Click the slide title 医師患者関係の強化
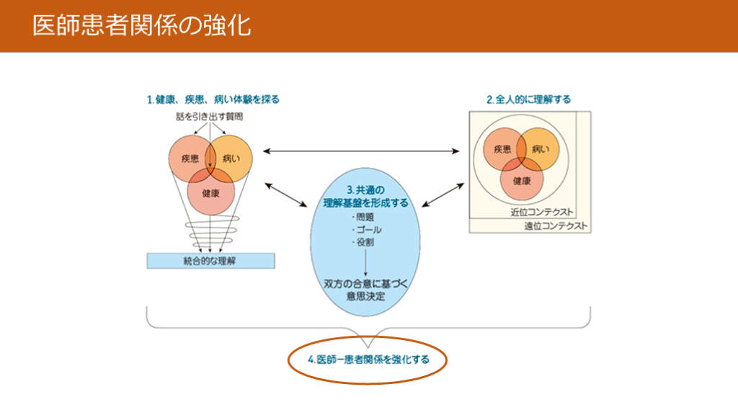click(x=141, y=26)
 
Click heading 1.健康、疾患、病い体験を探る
click(x=213, y=99)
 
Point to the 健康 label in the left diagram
click(x=210, y=193)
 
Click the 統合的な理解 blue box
click(x=210, y=261)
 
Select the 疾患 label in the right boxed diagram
click(x=502, y=150)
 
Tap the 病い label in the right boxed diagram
click(x=540, y=150)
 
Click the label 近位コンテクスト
click(x=541, y=212)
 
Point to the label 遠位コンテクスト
click(x=556, y=226)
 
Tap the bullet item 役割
click(x=365, y=243)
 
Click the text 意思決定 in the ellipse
click(x=365, y=296)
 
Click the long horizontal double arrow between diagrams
click(x=361, y=151)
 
